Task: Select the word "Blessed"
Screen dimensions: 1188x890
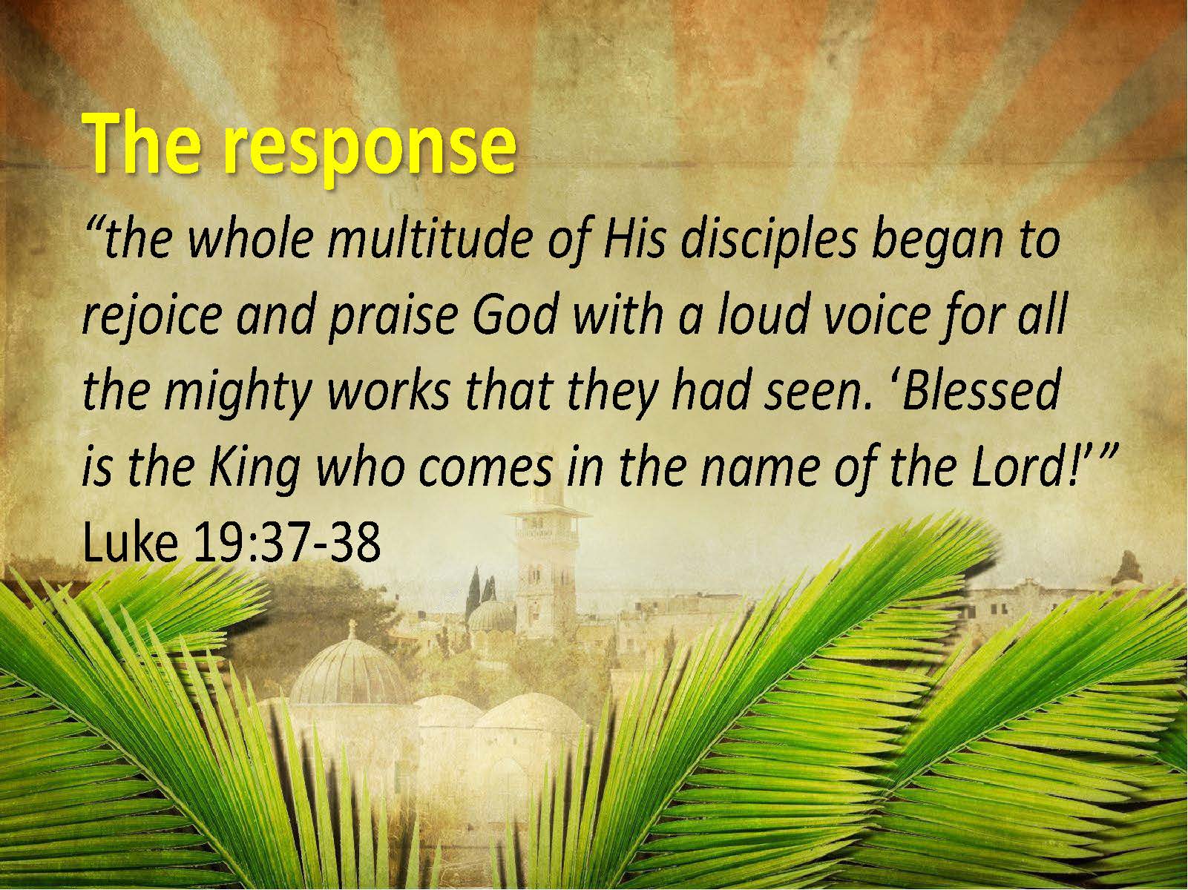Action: pyautogui.click(x=979, y=389)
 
